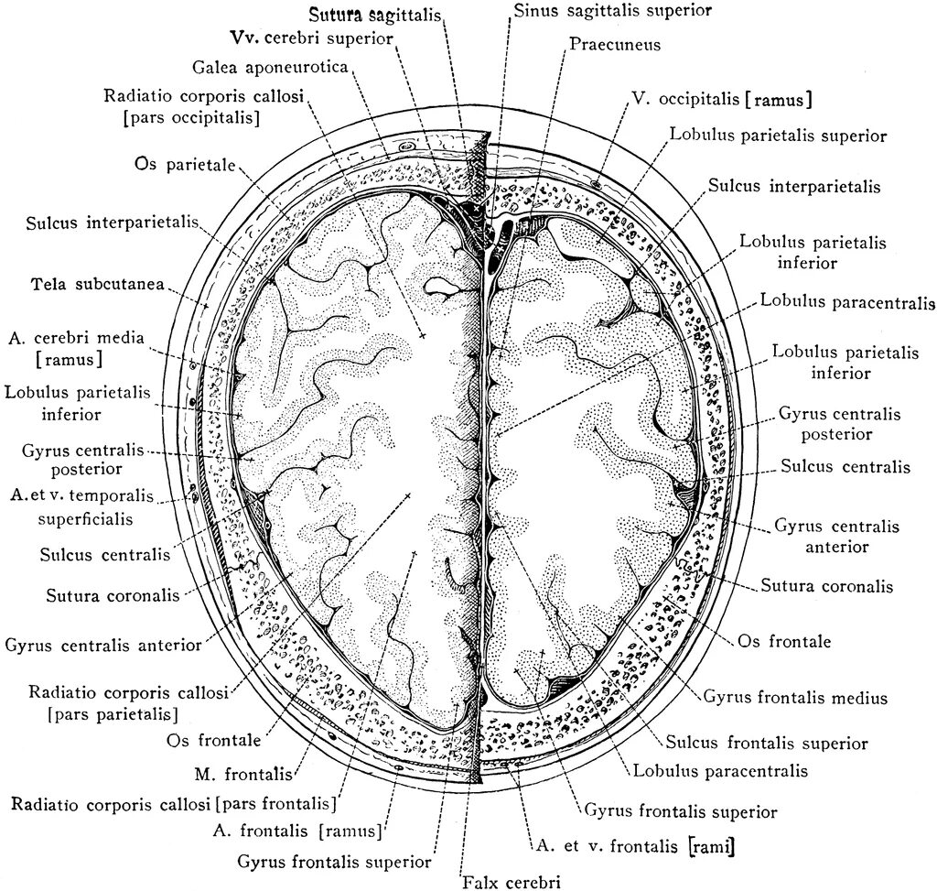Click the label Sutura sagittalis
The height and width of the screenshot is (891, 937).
pos(375,16)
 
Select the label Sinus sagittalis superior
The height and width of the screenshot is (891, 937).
pos(612,11)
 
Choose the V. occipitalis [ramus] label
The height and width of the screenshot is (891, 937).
pos(723,98)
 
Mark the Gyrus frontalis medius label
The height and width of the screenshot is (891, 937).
pos(795,698)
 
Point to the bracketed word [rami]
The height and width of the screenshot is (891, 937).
pos(712,847)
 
